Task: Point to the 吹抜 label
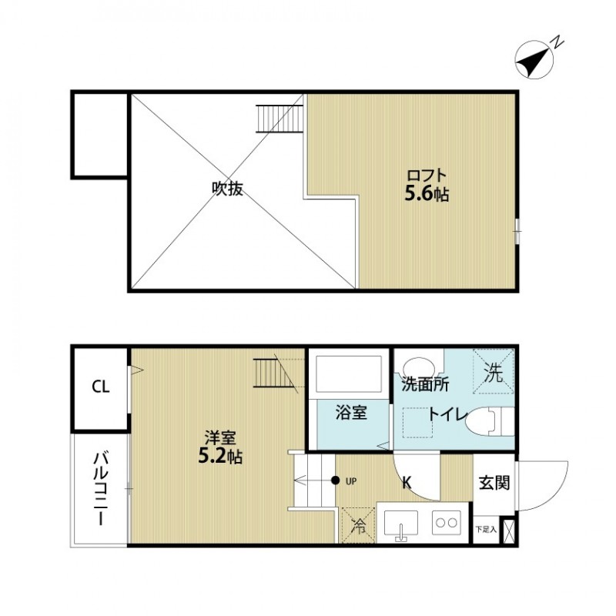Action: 227,189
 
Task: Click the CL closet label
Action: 100,387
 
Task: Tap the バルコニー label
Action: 100,489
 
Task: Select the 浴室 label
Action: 350,413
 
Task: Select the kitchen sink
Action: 400,525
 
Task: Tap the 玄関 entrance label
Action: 493,483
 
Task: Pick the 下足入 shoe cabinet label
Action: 485,530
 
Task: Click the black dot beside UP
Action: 336,481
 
